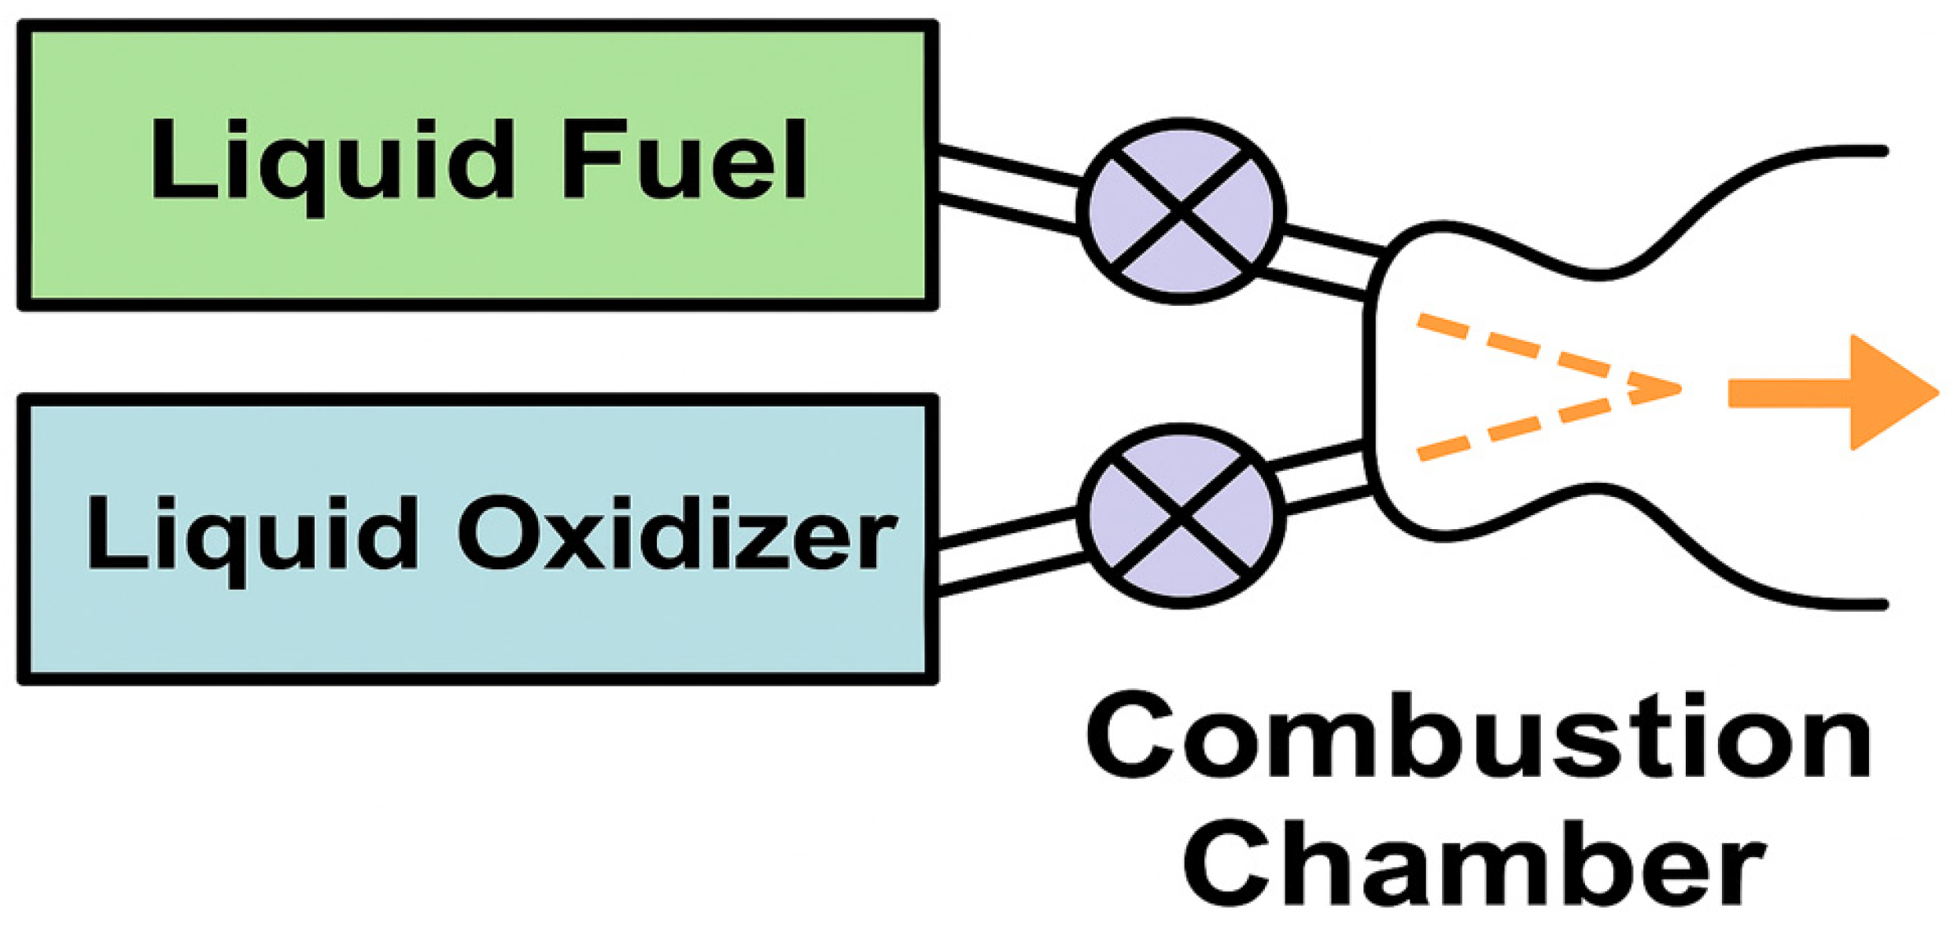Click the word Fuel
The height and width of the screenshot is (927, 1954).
point(683,160)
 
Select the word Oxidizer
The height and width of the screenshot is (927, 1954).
point(677,534)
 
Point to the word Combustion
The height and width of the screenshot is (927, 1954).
point(1479,735)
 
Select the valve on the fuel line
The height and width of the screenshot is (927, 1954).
point(1181,211)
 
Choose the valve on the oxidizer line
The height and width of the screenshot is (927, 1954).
point(1181,516)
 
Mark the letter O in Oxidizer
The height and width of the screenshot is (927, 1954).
point(499,534)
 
